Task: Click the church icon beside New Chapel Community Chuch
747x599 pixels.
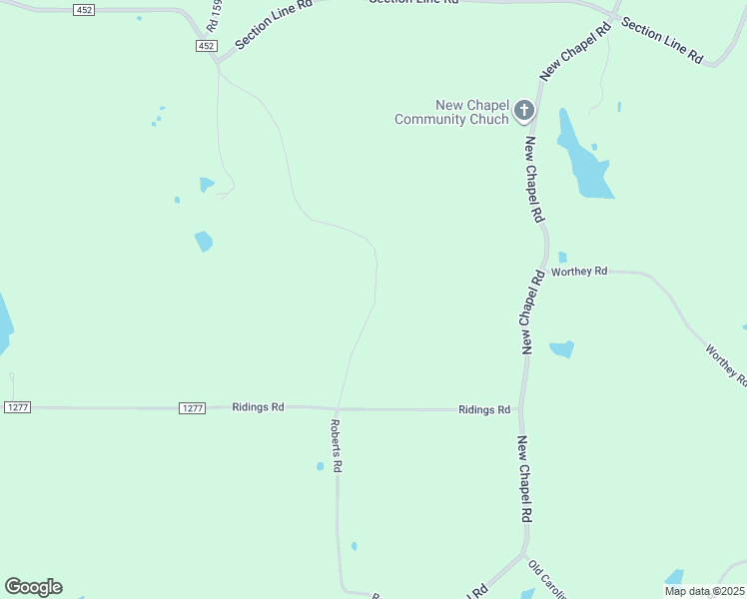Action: tap(524, 111)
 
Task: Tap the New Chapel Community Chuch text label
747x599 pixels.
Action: tap(452, 112)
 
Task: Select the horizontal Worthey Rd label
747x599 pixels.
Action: tap(579, 272)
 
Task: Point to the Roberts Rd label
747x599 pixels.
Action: tap(337, 445)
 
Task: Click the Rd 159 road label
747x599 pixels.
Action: tap(213, 17)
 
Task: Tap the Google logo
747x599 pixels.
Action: tap(33, 587)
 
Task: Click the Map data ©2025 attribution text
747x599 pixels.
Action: tap(705, 591)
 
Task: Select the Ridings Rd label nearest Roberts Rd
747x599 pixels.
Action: tap(258, 407)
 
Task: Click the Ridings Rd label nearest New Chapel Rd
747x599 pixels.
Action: tap(484, 409)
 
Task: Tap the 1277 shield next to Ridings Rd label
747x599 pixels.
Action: tap(193, 407)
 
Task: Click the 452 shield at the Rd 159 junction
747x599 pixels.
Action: tap(206, 46)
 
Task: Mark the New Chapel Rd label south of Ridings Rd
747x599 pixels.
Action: tap(523, 479)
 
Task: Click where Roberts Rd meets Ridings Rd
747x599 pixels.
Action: tap(337, 408)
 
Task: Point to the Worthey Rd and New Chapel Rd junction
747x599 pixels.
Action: tap(546, 271)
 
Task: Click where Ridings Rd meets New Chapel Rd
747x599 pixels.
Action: tap(521, 409)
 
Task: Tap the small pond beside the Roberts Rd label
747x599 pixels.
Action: tap(320, 466)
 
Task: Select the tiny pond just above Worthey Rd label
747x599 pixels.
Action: tap(562, 257)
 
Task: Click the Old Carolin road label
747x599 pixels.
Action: tap(546, 579)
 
